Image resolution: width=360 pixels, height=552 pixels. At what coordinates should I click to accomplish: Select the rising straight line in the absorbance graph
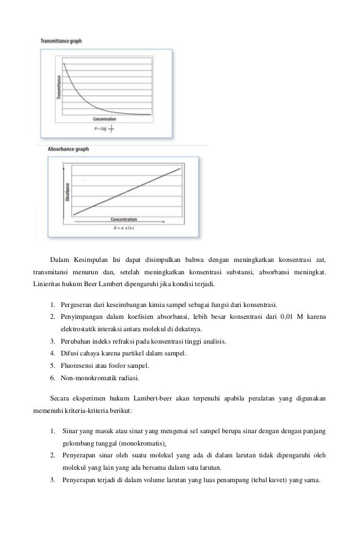click(127, 191)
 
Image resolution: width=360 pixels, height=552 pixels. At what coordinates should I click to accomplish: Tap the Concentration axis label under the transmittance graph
click(105, 119)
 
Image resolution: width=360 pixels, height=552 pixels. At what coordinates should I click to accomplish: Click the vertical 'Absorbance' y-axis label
click(68, 192)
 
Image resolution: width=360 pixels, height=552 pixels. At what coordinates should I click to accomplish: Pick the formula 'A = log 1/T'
click(105, 127)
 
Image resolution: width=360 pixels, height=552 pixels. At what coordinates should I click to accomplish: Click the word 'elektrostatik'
click(81, 329)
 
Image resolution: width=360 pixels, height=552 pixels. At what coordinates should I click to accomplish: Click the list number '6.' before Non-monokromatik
click(52, 377)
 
